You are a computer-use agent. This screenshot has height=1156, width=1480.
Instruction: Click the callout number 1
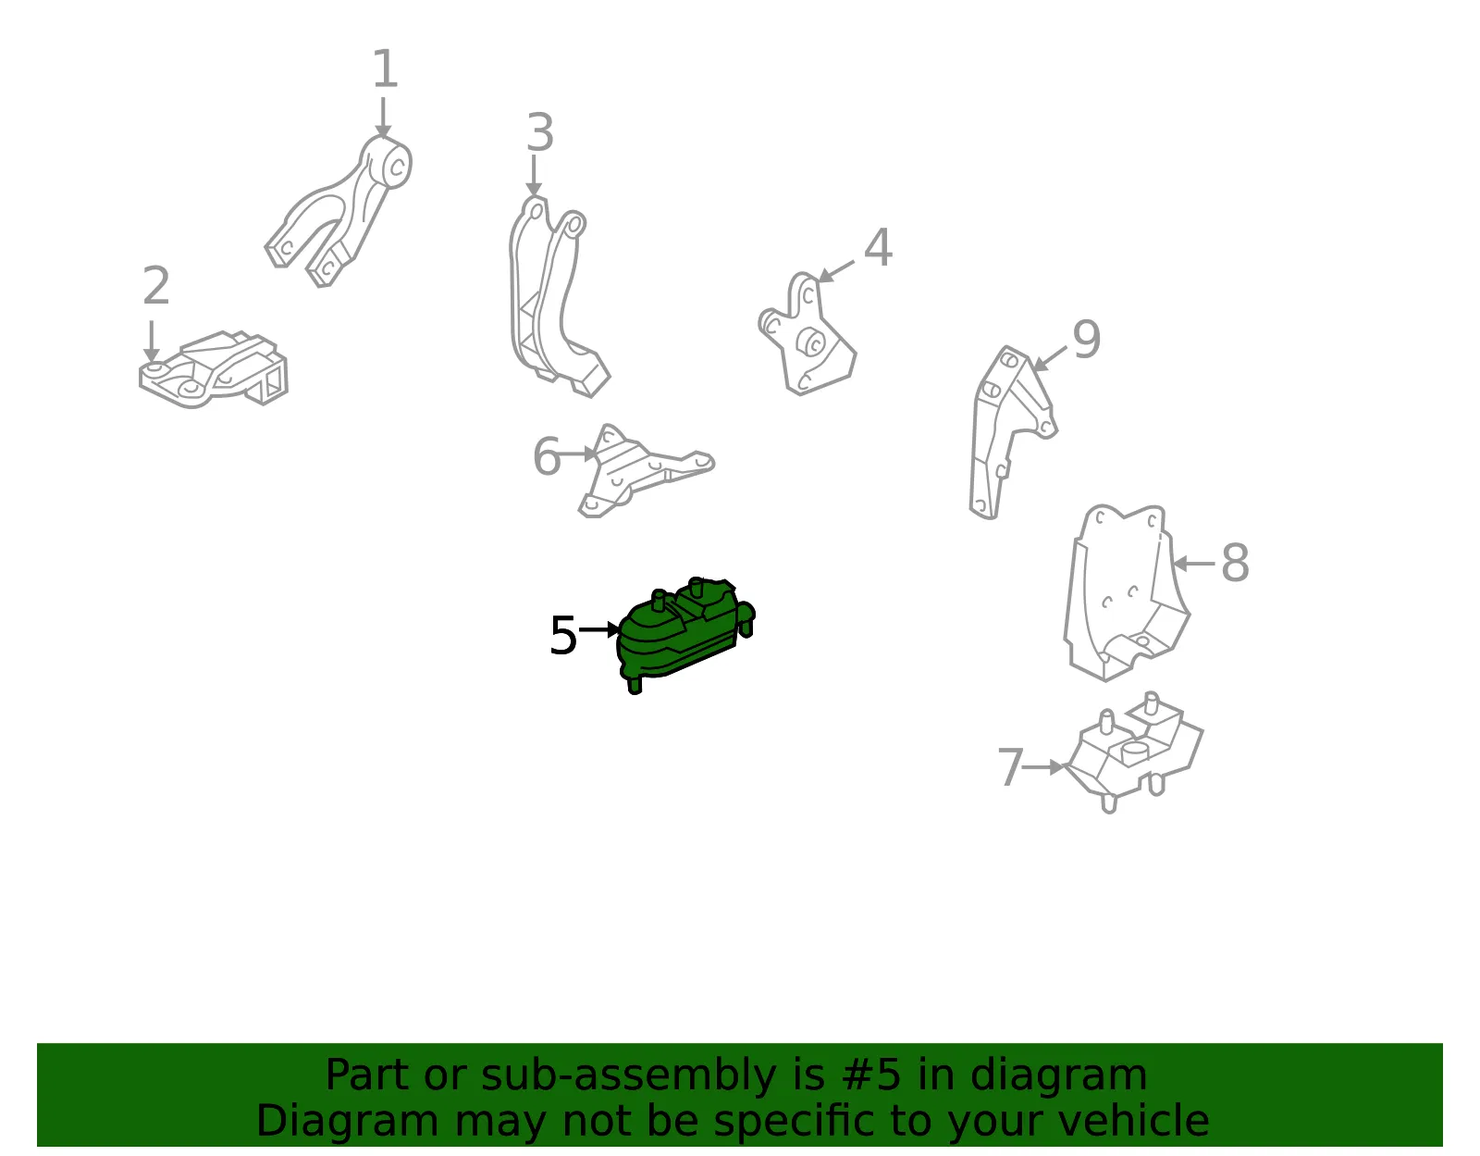point(385,68)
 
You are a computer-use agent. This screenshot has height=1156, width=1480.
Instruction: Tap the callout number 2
point(156,285)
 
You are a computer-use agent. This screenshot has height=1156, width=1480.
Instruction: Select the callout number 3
point(540,132)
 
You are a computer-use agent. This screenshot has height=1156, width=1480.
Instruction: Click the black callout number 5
point(563,635)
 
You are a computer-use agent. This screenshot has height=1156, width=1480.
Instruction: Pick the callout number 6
point(547,455)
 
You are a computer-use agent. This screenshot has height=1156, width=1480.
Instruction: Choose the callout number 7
point(1010,766)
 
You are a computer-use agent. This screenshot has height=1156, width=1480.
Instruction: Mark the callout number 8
point(1235,563)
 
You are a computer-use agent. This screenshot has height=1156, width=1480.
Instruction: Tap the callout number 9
point(1086,339)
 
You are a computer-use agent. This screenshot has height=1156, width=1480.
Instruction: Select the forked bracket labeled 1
point(339,211)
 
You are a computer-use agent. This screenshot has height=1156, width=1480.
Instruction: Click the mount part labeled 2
point(214,369)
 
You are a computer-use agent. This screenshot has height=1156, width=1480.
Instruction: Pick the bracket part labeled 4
point(808,335)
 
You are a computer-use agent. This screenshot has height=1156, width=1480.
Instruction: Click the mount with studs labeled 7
point(1134,752)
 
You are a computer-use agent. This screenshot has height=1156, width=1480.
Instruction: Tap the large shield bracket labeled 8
point(1128,592)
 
